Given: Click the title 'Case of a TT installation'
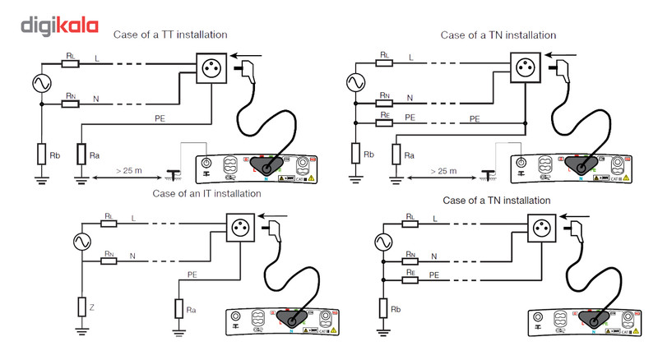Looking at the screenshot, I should pyautogui.click(x=170, y=35).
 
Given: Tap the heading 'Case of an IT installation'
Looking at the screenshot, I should pyautogui.click(x=207, y=193).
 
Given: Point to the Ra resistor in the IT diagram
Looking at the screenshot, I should pyautogui.click(x=178, y=309).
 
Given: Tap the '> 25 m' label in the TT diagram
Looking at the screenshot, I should pyautogui.click(x=126, y=170).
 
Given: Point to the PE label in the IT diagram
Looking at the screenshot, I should pyautogui.click(x=192, y=274).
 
